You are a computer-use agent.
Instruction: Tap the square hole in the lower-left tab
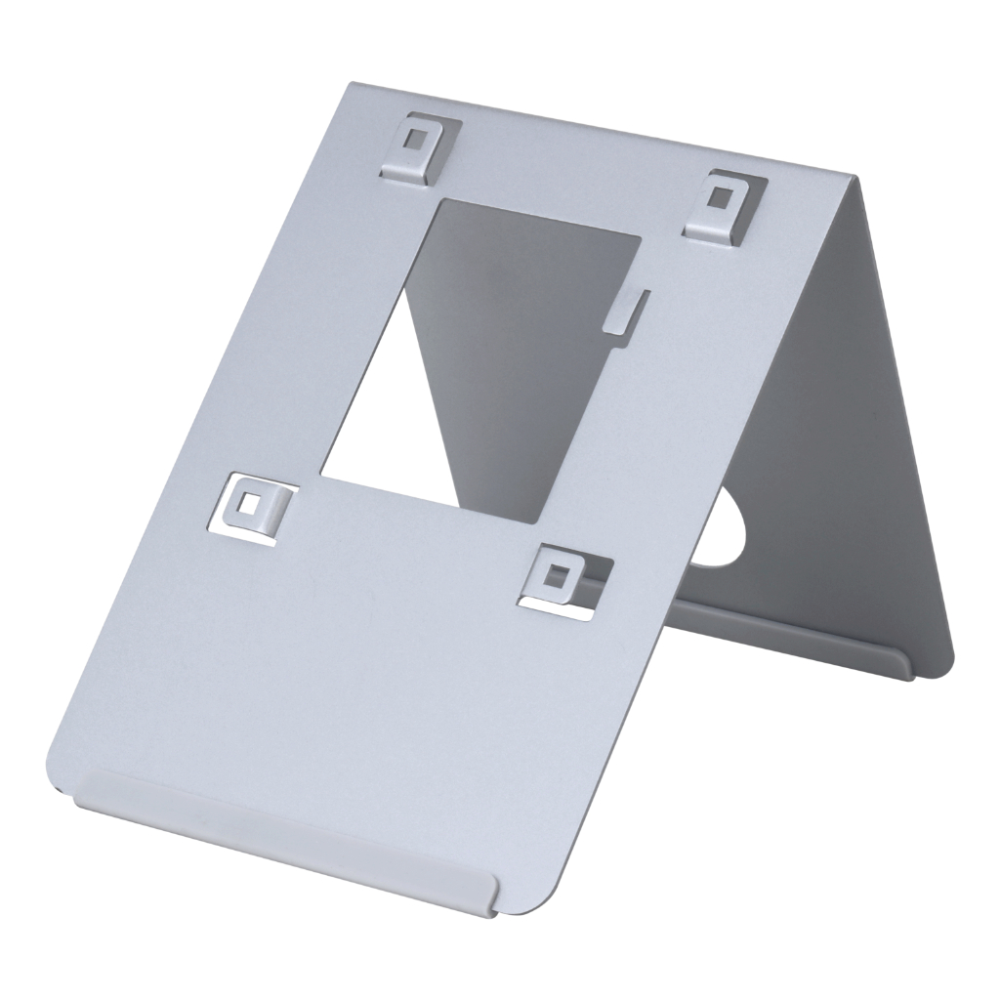pyautogui.click(x=253, y=504)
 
